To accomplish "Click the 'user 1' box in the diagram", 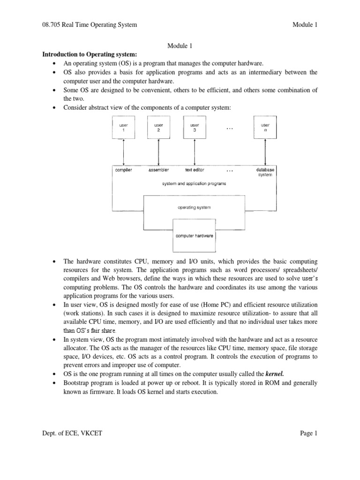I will click(x=123, y=127).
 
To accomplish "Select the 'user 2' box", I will click(x=158, y=127).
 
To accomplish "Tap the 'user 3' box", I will click(x=195, y=127).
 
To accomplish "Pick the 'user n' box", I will click(x=265, y=127).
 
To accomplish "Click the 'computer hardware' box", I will click(x=195, y=236).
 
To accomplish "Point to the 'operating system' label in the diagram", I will click(x=194, y=207).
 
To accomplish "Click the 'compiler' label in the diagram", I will click(x=124, y=170).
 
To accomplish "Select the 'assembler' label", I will click(x=158, y=170).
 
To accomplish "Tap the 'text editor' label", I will click(x=195, y=170).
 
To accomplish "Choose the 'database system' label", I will click(x=265, y=172).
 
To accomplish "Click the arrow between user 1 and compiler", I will click(x=123, y=151).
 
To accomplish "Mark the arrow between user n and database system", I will click(x=265, y=151).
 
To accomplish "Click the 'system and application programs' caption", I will click(x=194, y=184).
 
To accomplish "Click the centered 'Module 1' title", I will click(x=180, y=45).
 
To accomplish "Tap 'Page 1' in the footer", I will click(x=309, y=434).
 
